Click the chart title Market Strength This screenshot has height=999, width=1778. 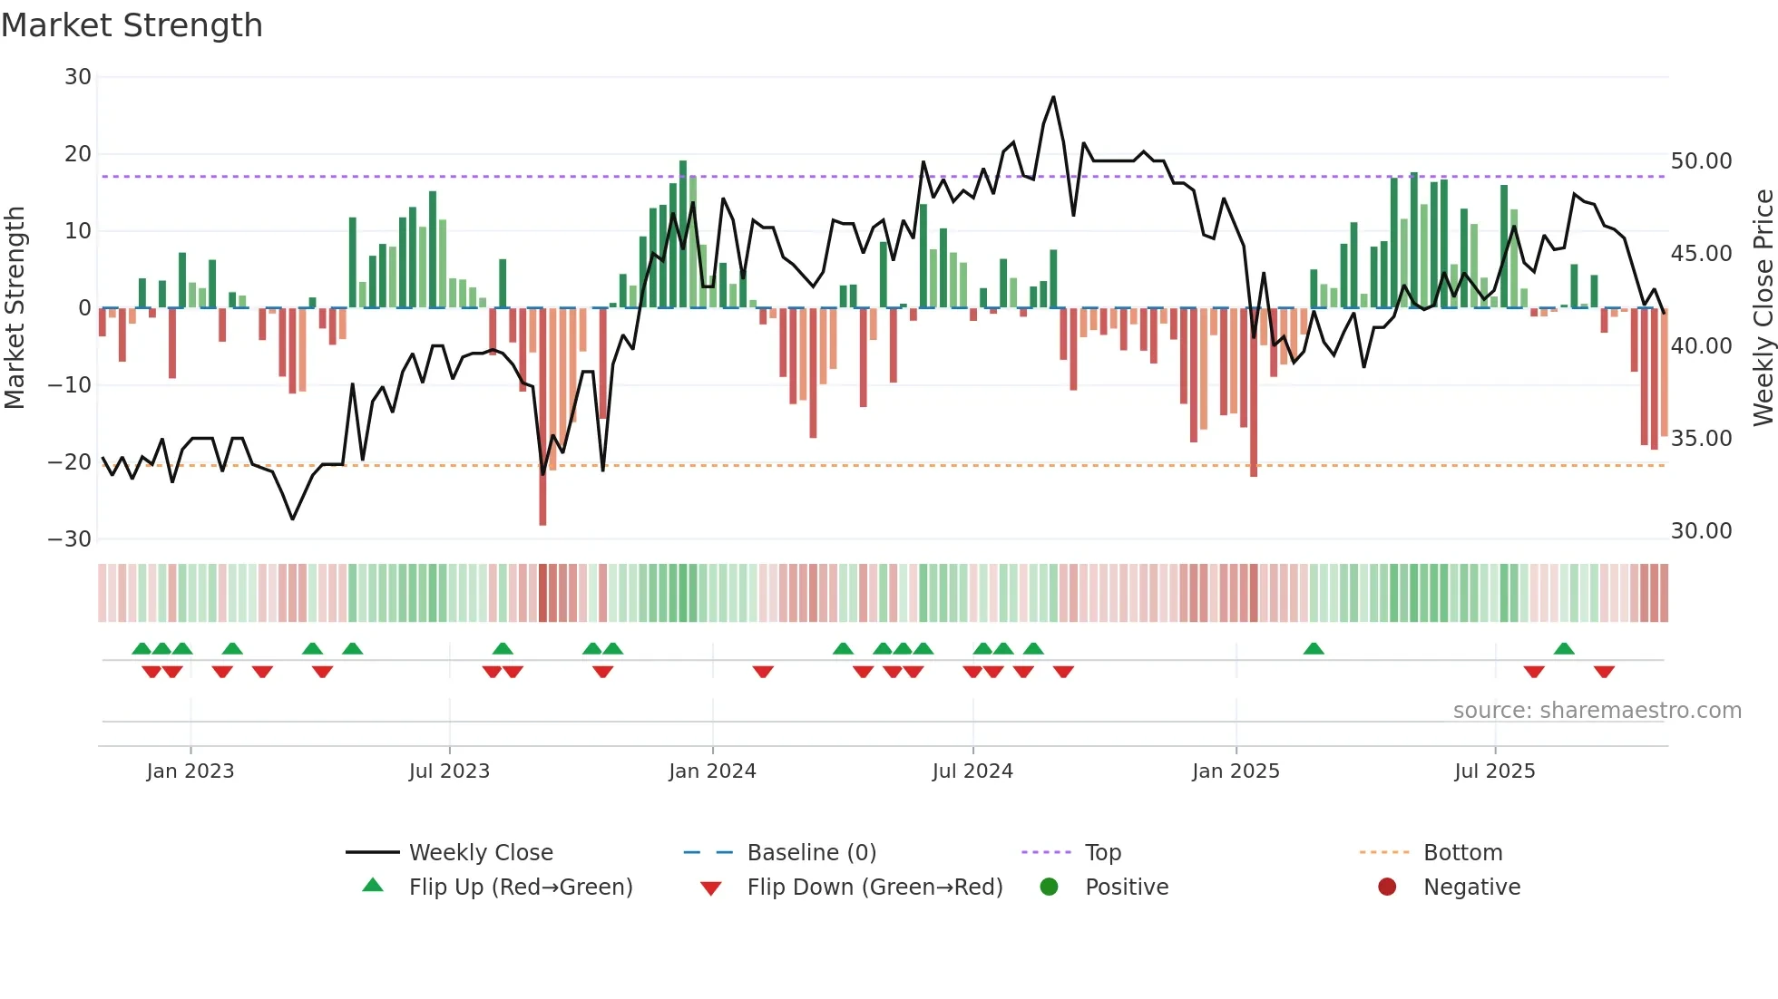coord(132,25)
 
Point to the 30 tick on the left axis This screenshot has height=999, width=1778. coord(78,77)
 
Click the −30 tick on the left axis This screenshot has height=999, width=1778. coord(70,539)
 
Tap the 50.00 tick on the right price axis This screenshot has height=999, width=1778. coord(1701,161)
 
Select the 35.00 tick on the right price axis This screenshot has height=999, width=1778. coord(1701,439)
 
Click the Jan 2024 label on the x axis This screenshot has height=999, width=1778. coord(712,771)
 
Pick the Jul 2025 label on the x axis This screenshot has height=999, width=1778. coord(1494,771)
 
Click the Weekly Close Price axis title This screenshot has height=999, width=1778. coord(1763,308)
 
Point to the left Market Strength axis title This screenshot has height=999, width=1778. coord(15,308)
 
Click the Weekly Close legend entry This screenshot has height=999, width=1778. coord(480,853)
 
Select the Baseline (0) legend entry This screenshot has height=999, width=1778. coord(811,853)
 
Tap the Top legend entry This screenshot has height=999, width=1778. coord(1102,853)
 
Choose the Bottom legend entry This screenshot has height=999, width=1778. coord(1462,853)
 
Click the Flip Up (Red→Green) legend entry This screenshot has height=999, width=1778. coord(520,887)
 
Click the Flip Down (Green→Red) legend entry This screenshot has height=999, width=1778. coord(874,887)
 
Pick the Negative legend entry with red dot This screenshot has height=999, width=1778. coord(1470,887)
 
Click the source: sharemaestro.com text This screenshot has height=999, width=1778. coord(1597,711)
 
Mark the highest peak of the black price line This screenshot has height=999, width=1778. coord(1053,97)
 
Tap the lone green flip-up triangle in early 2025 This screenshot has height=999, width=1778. coord(1314,648)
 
